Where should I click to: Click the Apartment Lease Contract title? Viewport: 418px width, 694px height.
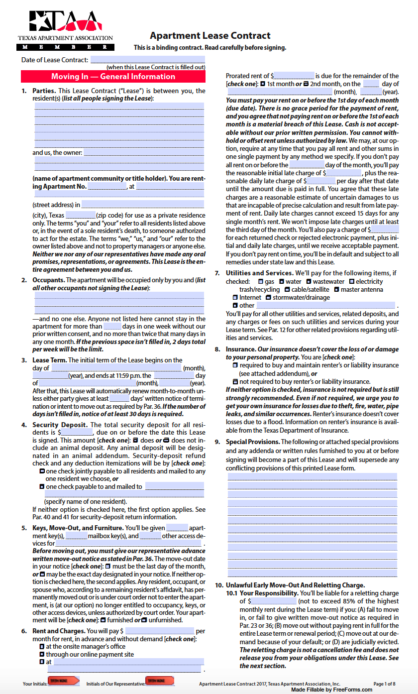tap(210, 35)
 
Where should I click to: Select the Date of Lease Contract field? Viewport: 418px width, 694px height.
tap(147, 60)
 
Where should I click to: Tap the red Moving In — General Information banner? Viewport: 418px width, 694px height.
tap(113, 77)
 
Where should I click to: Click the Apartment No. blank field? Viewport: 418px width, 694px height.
tap(107, 187)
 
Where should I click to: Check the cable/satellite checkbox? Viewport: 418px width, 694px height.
tap(287, 289)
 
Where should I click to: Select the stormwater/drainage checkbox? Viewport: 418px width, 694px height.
tap(268, 297)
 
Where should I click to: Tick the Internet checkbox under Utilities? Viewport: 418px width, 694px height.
tap(235, 297)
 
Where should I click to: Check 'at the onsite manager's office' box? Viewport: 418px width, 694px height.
tap(42, 647)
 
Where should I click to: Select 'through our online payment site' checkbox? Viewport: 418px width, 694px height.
tap(42, 654)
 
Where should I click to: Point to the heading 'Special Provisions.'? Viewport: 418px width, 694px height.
tap(252, 442)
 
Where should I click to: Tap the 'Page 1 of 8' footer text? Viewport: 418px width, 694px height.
tap(384, 684)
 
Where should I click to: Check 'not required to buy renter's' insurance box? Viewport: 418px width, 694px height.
tap(235, 381)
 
